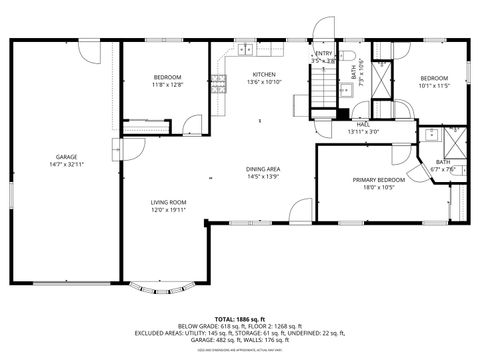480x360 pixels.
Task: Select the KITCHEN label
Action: pos(264,75)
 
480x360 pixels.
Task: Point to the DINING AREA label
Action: pos(263,169)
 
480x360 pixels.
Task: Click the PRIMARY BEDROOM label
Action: pos(376,180)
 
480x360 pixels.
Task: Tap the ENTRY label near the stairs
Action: pos(323,54)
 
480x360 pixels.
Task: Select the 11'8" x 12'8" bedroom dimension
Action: pos(167,85)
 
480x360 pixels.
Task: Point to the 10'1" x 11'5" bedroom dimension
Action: pos(434,85)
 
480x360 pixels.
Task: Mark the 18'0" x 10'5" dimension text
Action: pos(376,187)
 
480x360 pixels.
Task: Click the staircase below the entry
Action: pos(322,92)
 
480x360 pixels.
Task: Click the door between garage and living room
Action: pos(118,151)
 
